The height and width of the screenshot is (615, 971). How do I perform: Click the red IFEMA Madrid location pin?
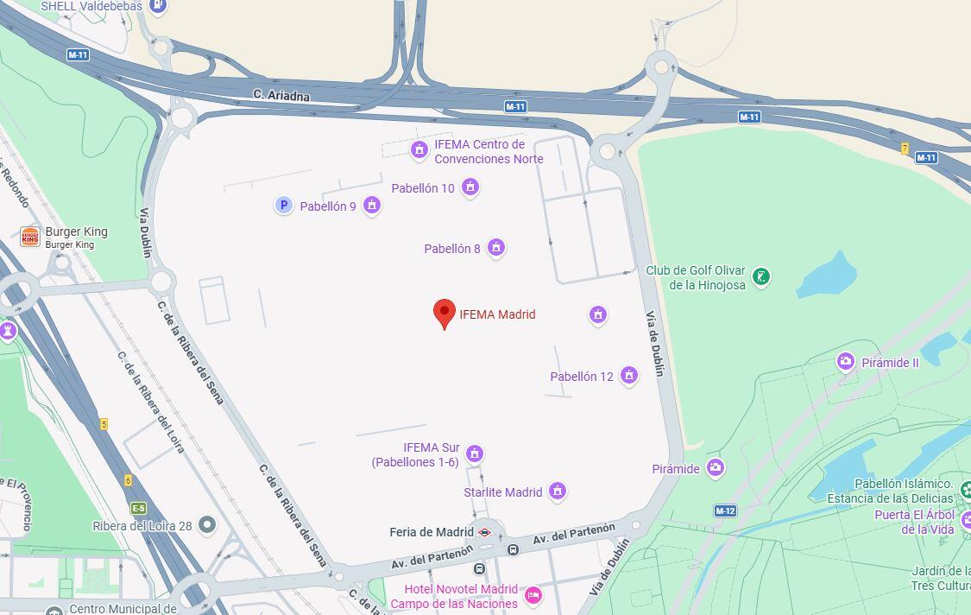pyautogui.click(x=445, y=313)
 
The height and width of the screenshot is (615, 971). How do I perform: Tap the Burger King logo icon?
pyautogui.click(x=30, y=237)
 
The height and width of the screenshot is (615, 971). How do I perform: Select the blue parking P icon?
pyautogui.click(x=283, y=205)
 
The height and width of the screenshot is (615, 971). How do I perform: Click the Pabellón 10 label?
pyautogui.click(x=423, y=188)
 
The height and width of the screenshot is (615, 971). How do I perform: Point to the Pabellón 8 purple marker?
pyautogui.click(x=495, y=248)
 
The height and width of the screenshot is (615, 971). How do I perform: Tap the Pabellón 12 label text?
pyautogui.click(x=582, y=377)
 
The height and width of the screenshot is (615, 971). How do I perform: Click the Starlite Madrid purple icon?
pyautogui.click(x=558, y=491)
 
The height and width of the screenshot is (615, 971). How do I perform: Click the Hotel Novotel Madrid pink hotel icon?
pyautogui.click(x=533, y=594)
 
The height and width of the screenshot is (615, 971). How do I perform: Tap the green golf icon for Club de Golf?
pyautogui.click(x=760, y=276)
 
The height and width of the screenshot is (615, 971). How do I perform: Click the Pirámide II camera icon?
pyautogui.click(x=846, y=362)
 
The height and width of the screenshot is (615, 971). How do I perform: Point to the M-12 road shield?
pyautogui.click(x=725, y=510)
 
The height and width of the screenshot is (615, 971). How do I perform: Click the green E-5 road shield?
pyautogui.click(x=138, y=508)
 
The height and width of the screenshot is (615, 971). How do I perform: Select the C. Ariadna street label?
pyautogui.click(x=281, y=95)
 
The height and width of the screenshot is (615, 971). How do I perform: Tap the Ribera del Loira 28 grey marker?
pyautogui.click(x=207, y=524)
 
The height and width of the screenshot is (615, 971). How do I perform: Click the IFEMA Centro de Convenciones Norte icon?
pyautogui.click(x=419, y=150)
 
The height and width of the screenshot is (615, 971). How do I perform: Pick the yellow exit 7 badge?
pyautogui.click(x=905, y=148)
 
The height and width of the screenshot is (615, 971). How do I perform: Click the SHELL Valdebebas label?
pyautogui.click(x=91, y=6)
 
